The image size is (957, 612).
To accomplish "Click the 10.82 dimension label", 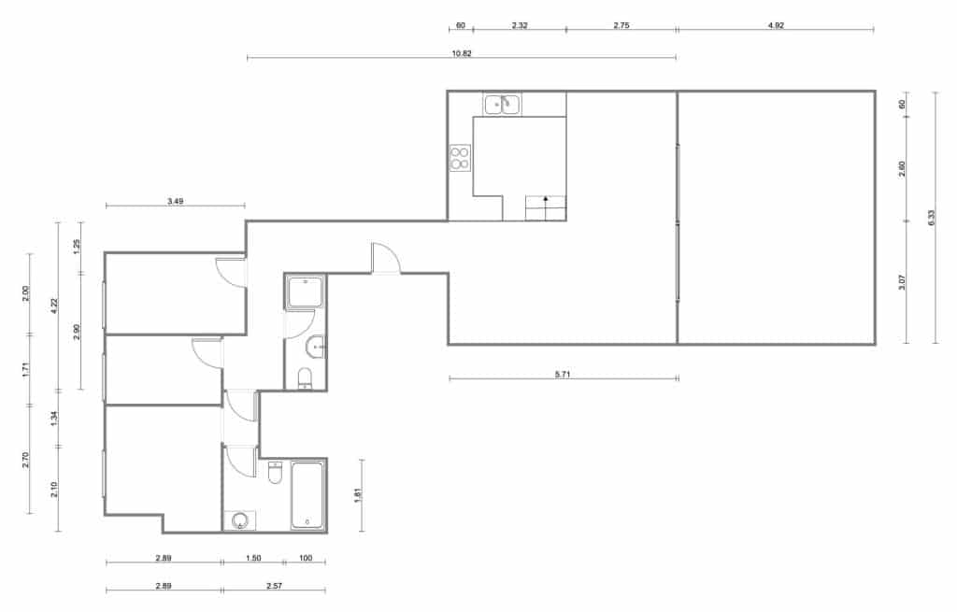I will click(461, 53).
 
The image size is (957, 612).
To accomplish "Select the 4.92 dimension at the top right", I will click(775, 25).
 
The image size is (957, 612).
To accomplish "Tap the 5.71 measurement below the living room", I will click(563, 374).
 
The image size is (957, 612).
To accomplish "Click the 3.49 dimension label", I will click(175, 201).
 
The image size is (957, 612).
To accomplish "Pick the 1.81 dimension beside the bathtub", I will click(357, 496).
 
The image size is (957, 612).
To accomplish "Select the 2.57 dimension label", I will click(274, 586).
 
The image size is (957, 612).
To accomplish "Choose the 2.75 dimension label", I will click(621, 25).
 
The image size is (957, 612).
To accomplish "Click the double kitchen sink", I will click(502, 104).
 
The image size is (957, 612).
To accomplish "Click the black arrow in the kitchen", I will click(546, 199).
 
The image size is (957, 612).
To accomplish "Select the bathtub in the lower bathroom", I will click(307, 494).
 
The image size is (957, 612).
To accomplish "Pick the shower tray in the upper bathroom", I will click(305, 292).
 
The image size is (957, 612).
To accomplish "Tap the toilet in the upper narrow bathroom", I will click(305, 378).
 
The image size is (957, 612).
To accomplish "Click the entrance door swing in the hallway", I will click(384, 258).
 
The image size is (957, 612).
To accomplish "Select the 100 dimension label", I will click(306, 558).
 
